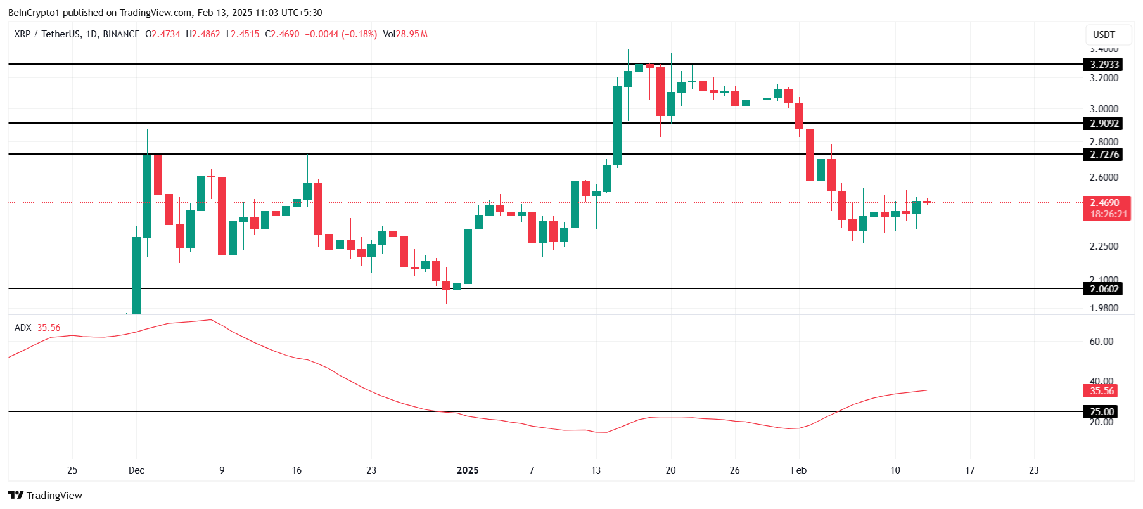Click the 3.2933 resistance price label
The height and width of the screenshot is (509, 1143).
[1104, 65]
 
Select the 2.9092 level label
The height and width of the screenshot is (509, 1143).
[1104, 124]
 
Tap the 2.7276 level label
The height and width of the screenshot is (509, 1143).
[1104, 155]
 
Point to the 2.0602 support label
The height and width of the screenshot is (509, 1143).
[1104, 289]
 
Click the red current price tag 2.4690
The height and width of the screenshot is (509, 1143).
[1104, 203]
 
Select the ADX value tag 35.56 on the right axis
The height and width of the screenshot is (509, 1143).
[1101, 391]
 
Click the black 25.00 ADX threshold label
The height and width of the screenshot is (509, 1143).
[1101, 412]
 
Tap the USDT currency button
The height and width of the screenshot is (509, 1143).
[1104, 35]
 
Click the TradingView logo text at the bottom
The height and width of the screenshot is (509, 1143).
[46, 496]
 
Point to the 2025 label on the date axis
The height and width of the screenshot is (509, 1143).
[468, 470]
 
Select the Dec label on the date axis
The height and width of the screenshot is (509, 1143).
[136, 470]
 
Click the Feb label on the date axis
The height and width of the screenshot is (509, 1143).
[799, 470]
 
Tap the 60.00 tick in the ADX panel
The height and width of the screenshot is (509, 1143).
[1101, 342]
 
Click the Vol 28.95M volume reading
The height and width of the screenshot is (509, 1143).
[405, 34]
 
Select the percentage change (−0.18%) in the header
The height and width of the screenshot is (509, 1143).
[359, 34]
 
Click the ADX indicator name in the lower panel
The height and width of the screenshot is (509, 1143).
[23, 328]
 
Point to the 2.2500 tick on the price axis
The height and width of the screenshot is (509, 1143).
[1104, 247]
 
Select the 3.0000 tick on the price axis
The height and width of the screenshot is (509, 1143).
[1104, 109]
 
